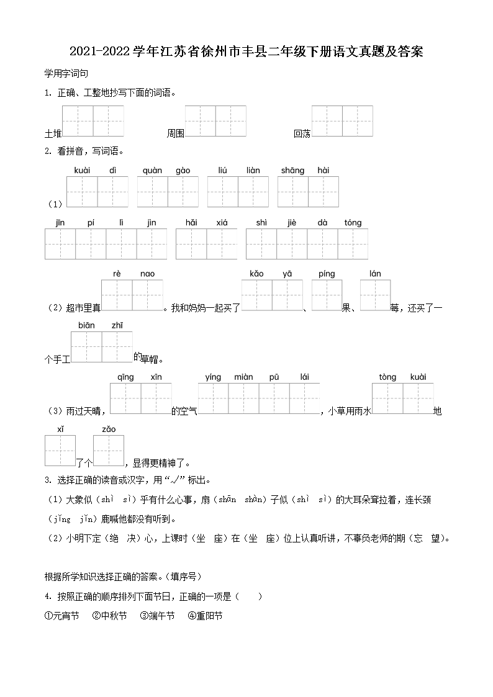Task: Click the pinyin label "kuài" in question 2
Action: click(82, 171)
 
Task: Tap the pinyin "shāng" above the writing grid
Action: click(292, 171)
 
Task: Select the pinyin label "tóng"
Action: click(352, 223)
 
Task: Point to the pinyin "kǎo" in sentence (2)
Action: click(256, 274)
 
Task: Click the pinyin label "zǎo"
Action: click(109, 429)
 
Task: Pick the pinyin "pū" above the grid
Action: click(274, 377)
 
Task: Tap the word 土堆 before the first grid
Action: click(53, 133)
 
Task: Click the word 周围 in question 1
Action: click(176, 133)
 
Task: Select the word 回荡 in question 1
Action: click(302, 133)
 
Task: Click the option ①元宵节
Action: click(62, 616)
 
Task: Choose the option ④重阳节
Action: click(205, 616)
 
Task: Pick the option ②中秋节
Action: click(109, 616)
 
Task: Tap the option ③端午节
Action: click(157, 616)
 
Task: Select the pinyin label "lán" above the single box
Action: click(375, 274)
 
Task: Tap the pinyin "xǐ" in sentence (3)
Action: click(60, 429)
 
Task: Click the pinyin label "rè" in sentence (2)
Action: click(117, 274)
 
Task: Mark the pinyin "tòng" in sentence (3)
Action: click(387, 377)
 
